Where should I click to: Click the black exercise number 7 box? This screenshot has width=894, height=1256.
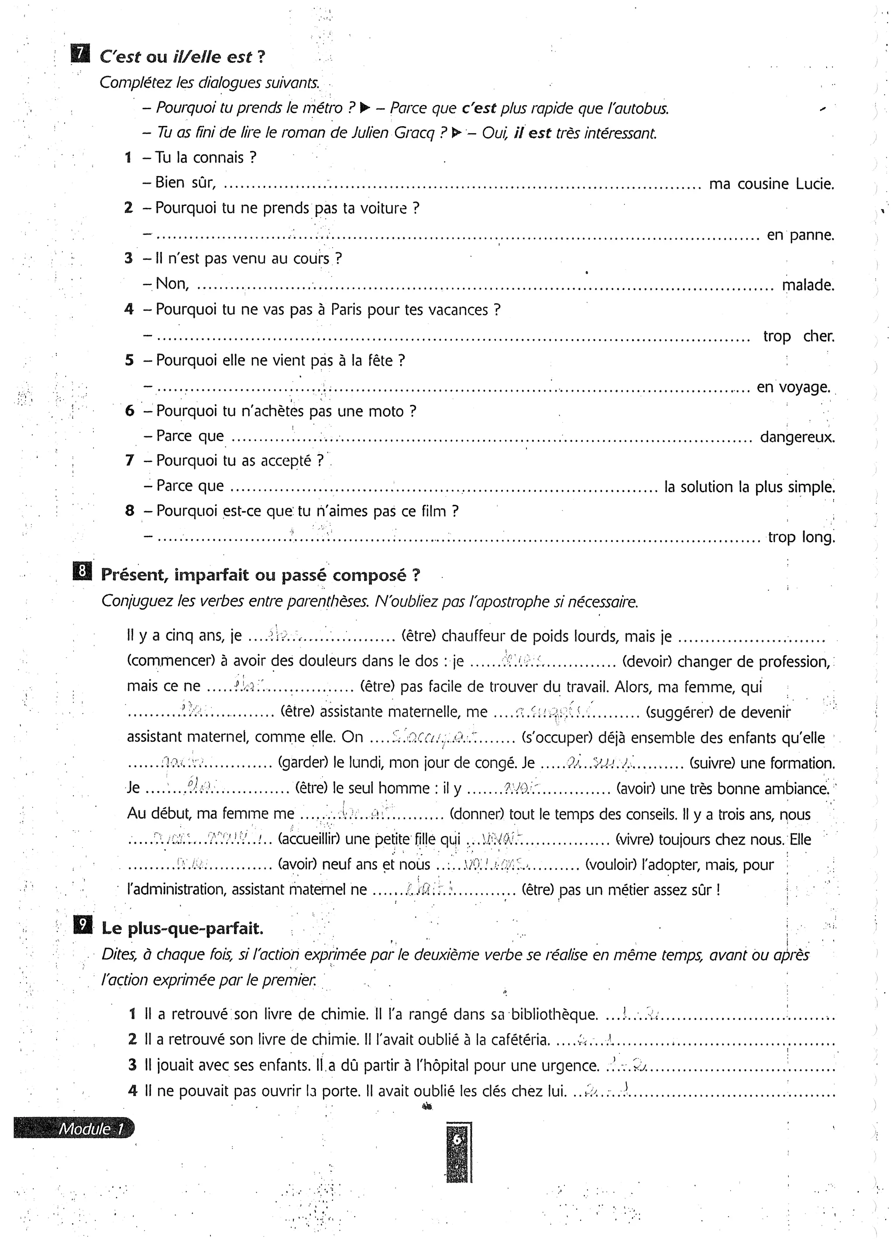coord(80,54)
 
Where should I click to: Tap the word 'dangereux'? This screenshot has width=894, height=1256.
coord(797,437)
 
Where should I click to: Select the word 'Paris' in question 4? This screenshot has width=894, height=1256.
coord(347,310)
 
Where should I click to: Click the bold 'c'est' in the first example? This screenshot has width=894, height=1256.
coord(479,108)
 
